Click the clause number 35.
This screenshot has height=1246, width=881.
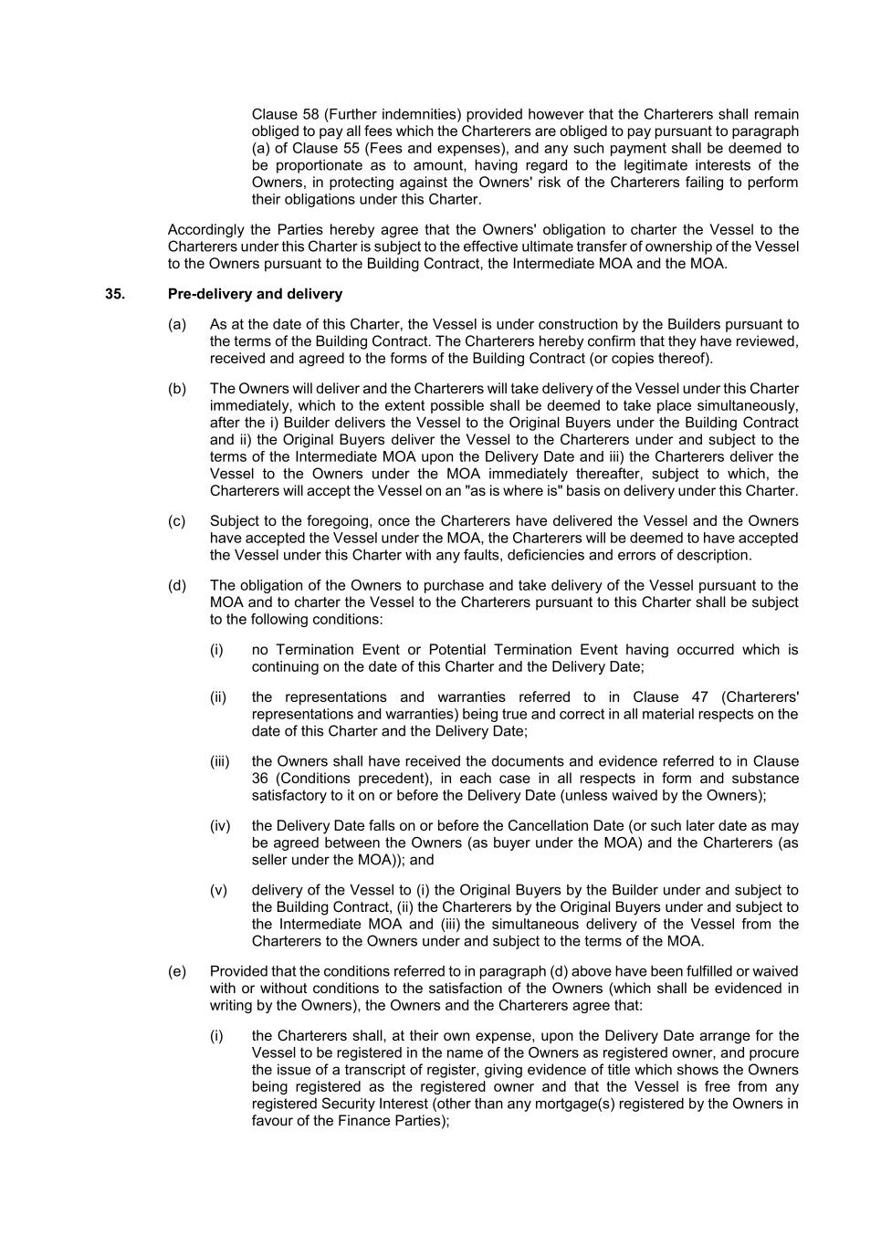[115, 294]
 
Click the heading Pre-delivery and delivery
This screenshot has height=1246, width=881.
[255, 294]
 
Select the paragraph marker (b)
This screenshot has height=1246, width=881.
[177, 388]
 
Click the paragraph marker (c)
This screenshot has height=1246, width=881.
[177, 521]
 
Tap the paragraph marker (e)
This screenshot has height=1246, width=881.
[177, 971]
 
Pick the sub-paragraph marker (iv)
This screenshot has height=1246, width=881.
[220, 825]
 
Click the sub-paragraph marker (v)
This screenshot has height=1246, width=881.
[219, 890]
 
